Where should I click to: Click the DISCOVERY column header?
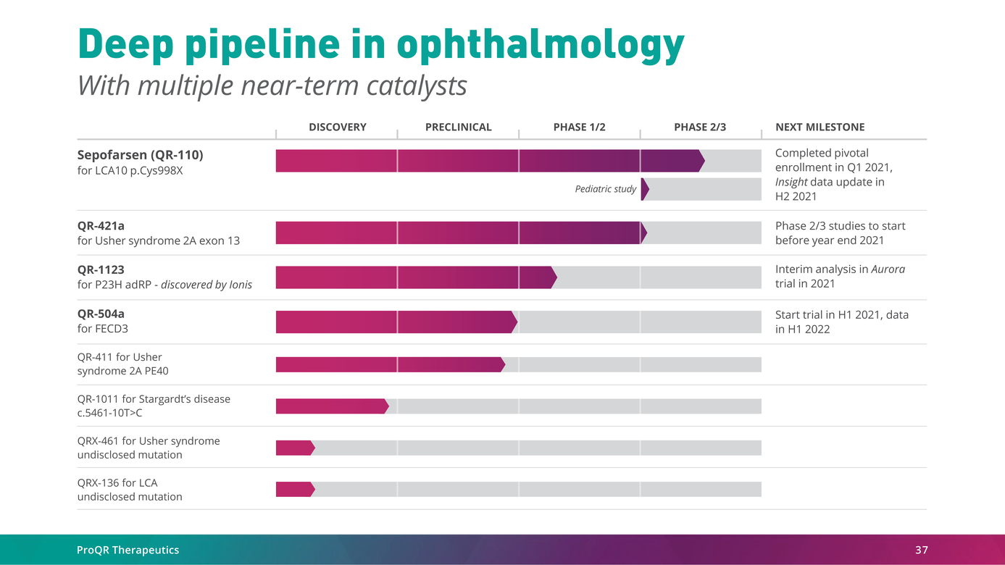(337, 127)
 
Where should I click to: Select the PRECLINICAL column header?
(458, 127)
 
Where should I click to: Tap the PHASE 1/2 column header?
(579, 127)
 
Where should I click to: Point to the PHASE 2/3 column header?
(700, 127)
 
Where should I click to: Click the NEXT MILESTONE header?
(820, 127)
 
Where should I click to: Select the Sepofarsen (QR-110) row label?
(140, 155)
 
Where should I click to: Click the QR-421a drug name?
(101, 226)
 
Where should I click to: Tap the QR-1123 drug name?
(101, 269)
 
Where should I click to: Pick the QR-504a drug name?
(101, 314)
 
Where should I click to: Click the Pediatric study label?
(605, 189)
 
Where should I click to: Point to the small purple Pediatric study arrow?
(645, 189)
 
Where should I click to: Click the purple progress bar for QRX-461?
(294, 448)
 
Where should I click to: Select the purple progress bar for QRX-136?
(294, 490)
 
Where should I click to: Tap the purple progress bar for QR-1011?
(331, 406)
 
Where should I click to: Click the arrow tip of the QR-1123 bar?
(554, 277)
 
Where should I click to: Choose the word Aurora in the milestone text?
(888, 269)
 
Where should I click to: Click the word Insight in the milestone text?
(791, 182)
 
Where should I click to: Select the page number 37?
(921, 551)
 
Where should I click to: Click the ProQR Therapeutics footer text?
(128, 551)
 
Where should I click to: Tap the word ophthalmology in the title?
(541, 45)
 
